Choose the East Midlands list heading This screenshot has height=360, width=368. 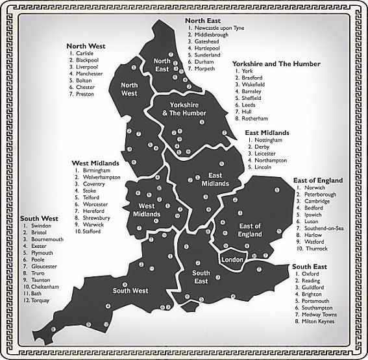(267, 132)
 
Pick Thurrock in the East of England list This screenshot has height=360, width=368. (316, 248)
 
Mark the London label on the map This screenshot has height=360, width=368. (232, 259)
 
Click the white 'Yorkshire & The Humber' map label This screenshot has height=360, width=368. (187, 108)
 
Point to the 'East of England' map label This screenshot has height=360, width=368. (250, 230)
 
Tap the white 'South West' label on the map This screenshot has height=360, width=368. (131, 290)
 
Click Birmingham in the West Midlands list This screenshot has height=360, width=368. (96, 170)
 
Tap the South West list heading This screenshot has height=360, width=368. (40, 218)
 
